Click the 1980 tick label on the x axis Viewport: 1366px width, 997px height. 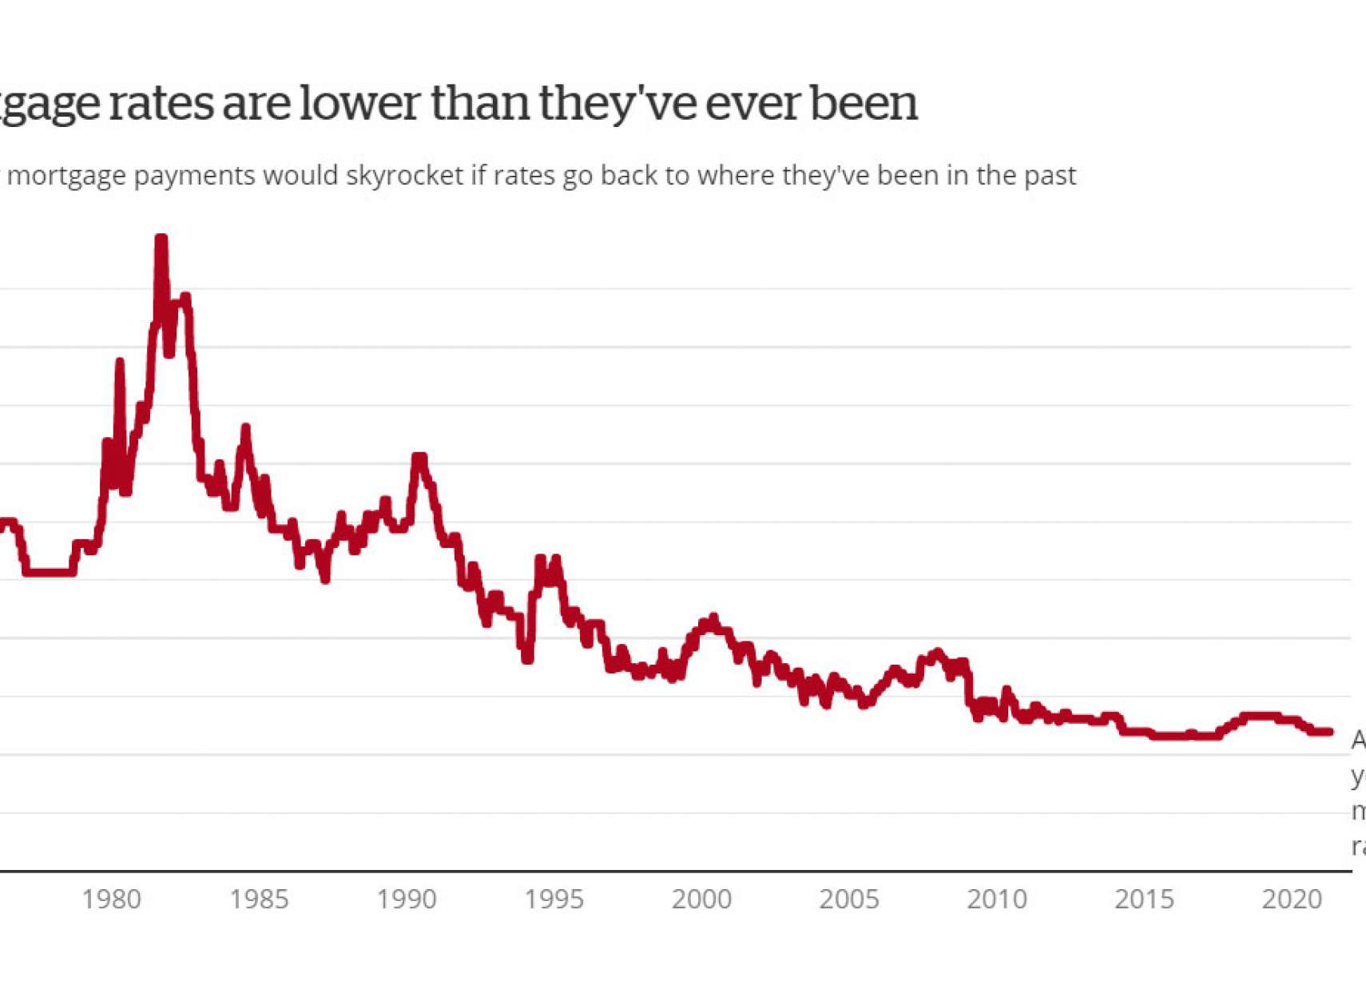[x=112, y=900]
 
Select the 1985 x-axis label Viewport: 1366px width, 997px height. [x=259, y=900]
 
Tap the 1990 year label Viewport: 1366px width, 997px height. [x=407, y=900]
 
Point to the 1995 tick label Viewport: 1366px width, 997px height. [x=554, y=900]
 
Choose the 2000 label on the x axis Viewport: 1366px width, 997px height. [x=701, y=900]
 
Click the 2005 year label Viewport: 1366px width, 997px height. [x=849, y=900]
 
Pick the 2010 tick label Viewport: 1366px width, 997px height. [x=997, y=900]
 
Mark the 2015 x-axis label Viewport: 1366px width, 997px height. [x=1144, y=900]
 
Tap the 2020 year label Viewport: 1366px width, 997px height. [x=1292, y=900]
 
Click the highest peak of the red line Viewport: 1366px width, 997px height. [x=161, y=239]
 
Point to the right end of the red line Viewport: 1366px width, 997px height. [x=1330, y=731]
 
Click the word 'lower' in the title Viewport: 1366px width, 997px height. [x=359, y=103]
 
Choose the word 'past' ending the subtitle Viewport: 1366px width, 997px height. [x=1050, y=175]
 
